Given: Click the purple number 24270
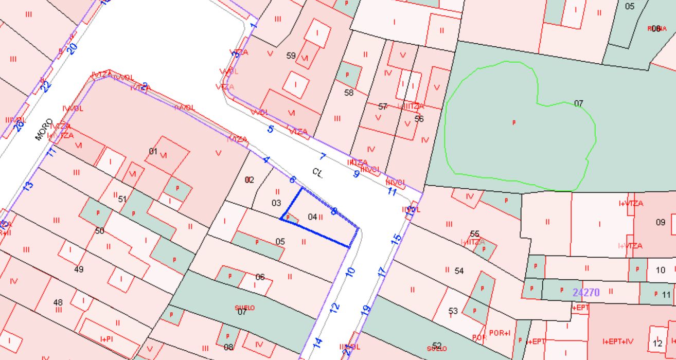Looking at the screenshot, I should [586, 293].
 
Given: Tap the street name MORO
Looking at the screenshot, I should [44, 130].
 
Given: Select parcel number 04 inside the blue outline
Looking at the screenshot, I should [312, 217].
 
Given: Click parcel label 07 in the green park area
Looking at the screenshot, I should [579, 103].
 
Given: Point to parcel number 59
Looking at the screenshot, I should [291, 56].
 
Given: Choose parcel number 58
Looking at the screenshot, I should [349, 93].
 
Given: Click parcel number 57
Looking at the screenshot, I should [382, 106].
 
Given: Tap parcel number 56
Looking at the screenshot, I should [419, 119].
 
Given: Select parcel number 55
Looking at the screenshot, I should [474, 234].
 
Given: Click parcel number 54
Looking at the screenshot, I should [459, 271].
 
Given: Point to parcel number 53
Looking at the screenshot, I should [453, 311].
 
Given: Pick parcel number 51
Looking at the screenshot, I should [122, 199].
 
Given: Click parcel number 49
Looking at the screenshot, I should [79, 269].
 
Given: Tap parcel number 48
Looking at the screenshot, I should [58, 302].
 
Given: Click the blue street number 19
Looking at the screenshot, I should [366, 310].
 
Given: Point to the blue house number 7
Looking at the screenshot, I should [323, 156].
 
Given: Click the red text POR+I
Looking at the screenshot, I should [500, 333].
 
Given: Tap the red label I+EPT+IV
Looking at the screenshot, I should [617, 341].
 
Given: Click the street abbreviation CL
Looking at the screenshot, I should [317, 172].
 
